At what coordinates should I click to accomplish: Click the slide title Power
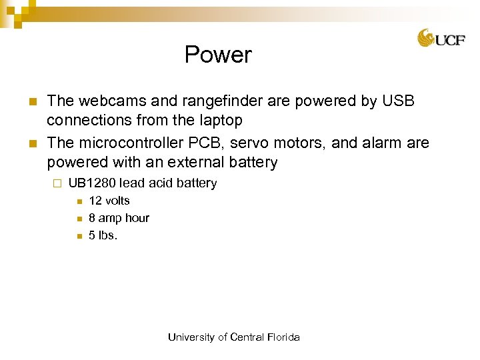[218, 55]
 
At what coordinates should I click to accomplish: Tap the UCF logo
[441, 38]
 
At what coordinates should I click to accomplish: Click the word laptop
[219, 121]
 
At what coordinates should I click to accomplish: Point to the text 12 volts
[109, 201]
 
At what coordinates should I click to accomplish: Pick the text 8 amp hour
[119, 218]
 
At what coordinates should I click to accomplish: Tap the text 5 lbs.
[103, 235]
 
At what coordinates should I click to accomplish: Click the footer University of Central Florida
[234, 337]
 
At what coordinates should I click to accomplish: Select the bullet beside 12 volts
[79, 201]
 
